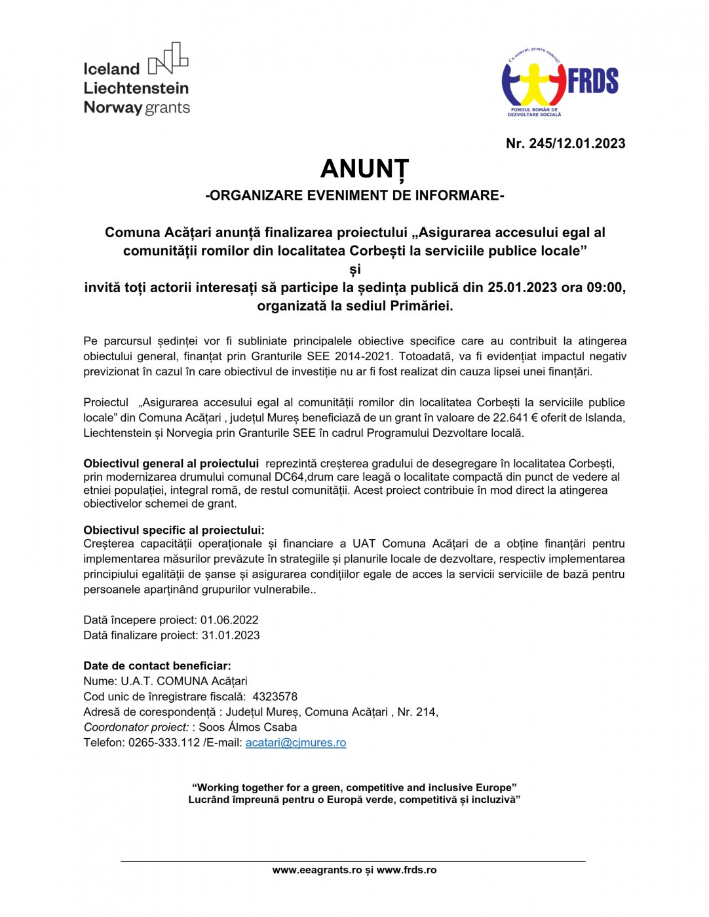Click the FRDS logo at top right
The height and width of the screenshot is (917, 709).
(560, 81)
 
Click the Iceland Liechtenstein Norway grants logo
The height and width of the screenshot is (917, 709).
(136, 80)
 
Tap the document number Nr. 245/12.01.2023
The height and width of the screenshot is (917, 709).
(565, 143)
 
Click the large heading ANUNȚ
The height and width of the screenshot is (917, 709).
(364, 169)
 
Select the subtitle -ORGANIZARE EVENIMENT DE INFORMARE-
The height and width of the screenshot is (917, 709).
(354, 195)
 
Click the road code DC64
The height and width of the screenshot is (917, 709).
(290, 477)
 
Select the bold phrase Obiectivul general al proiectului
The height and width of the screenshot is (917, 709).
(171, 464)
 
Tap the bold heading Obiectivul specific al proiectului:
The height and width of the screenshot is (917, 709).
(174, 530)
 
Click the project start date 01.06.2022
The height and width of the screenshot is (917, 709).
(229, 620)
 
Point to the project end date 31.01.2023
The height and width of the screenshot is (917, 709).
(231, 635)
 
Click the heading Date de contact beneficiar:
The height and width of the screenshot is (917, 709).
(157, 666)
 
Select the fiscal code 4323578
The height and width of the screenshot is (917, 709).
(275, 697)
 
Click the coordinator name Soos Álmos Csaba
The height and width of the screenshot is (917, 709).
(248, 727)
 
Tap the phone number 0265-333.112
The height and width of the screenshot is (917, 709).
(164, 743)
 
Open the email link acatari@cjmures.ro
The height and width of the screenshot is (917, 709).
(296, 743)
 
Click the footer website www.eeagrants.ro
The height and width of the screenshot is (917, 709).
(317, 870)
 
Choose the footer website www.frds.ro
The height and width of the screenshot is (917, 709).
(406, 870)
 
